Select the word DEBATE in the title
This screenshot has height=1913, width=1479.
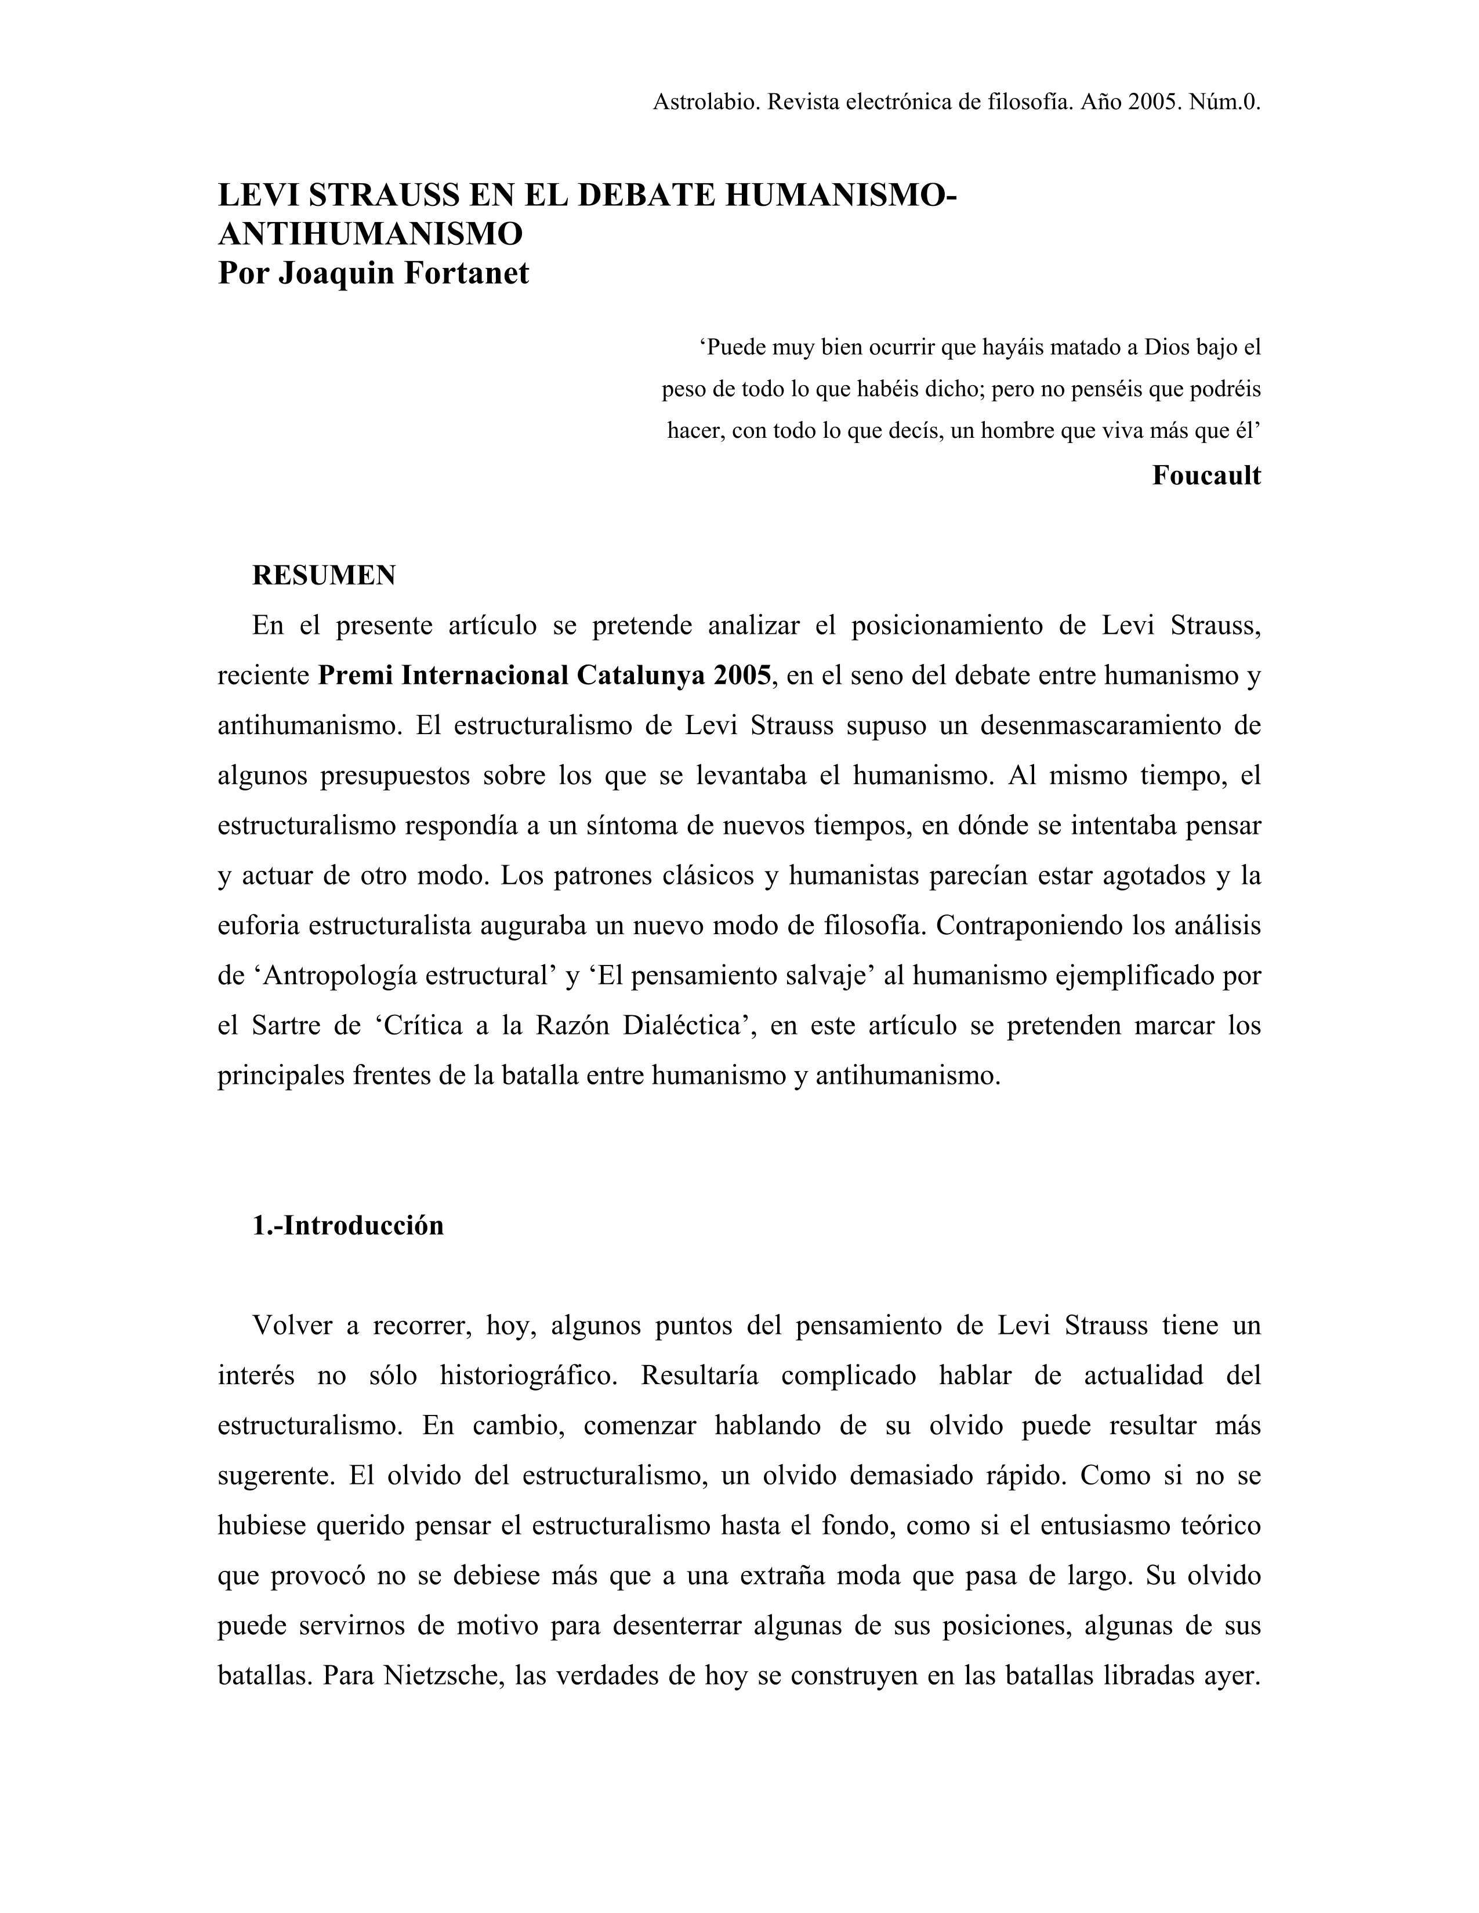[646, 194]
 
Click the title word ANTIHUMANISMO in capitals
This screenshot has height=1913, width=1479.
[370, 234]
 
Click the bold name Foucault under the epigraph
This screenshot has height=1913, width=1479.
[1206, 475]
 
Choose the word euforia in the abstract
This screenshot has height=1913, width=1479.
[259, 925]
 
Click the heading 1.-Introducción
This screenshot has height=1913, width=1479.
[348, 1225]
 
